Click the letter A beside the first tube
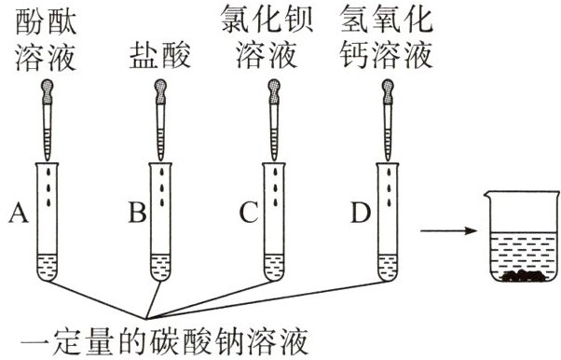(19, 213)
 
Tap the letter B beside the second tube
(138, 213)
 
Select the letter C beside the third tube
(249, 213)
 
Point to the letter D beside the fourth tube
(361, 213)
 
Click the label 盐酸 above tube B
(159, 56)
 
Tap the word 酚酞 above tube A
(46, 21)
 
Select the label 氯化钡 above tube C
(267, 21)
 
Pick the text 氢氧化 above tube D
(387, 21)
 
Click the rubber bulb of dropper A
(48, 91)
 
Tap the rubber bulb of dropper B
(160, 91)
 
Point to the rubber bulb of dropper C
(274, 91)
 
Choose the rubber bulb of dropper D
(388, 91)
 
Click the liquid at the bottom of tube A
(48, 267)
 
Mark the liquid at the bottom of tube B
(160, 267)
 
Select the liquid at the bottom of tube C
(274, 267)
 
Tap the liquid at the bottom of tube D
(388, 267)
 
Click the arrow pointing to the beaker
(448, 230)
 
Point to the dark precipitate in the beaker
(523, 275)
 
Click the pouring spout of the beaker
(486, 195)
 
